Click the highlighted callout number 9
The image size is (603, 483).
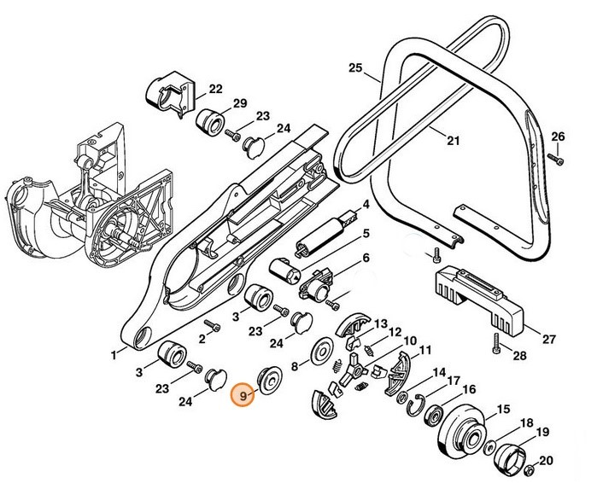tap(244, 396)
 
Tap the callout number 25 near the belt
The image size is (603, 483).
tap(356, 68)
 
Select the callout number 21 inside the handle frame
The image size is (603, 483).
tap(453, 141)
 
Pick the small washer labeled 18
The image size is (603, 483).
tap(492, 445)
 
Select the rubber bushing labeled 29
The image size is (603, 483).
tap(210, 124)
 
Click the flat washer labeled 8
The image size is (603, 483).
tap(322, 355)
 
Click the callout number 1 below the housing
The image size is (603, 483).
tap(113, 352)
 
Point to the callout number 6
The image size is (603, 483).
tap(366, 258)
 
